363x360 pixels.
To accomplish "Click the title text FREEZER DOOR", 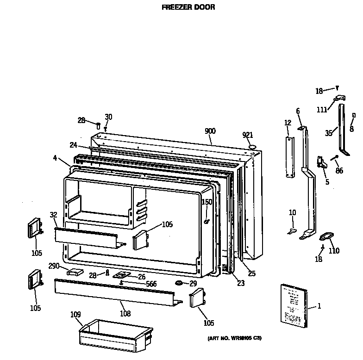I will (188, 7).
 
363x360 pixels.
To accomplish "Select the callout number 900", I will (210, 131).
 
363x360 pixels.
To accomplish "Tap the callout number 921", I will (248, 135).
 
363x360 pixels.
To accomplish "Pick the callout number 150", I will (207, 202).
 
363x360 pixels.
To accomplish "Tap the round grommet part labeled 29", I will (179, 282).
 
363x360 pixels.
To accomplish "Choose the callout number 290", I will (55, 266).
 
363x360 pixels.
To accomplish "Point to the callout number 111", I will (322, 109).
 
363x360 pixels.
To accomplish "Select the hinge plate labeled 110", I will (327, 237).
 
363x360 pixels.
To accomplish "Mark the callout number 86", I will (339, 171).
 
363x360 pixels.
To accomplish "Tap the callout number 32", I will (54, 214).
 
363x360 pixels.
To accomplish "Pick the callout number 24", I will (73, 145).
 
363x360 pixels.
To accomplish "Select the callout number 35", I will (328, 133).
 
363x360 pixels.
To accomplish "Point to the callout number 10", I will (292, 212).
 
